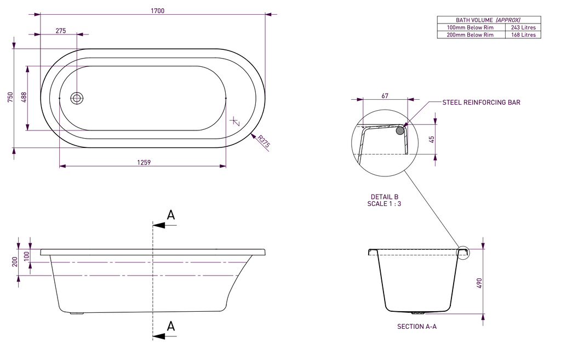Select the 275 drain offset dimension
click(61, 31)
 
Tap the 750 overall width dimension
click(10, 98)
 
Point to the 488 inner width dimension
click(24, 98)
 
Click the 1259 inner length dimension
click(144, 162)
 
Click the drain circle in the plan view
click(77, 98)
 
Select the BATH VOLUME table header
click(488, 20)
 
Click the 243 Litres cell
click(523, 27)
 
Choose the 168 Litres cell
click(523, 35)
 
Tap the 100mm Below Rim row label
click(470, 27)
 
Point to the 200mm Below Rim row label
click(470, 35)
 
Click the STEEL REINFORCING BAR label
click(481, 102)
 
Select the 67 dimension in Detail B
click(385, 96)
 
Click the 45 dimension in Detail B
click(432, 139)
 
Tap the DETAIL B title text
click(384, 197)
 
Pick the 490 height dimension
click(479, 283)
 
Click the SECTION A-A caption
click(416, 326)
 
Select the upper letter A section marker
click(171, 215)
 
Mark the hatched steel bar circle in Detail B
click(400, 130)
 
